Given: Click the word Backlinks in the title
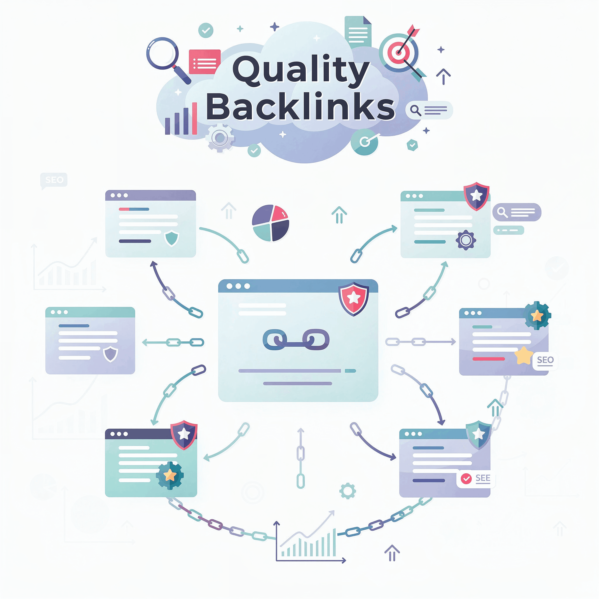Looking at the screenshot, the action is pyautogui.click(x=300, y=106).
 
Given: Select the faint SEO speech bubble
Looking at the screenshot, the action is pyautogui.click(x=54, y=180).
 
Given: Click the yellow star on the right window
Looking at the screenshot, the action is pyautogui.click(x=523, y=355).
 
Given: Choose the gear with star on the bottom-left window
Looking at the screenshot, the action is pyautogui.click(x=170, y=475).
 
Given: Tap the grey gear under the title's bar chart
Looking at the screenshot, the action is pyautogui.click(x=220, y=138).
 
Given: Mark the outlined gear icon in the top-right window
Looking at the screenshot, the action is pyautogui.click(x=466, y=240).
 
